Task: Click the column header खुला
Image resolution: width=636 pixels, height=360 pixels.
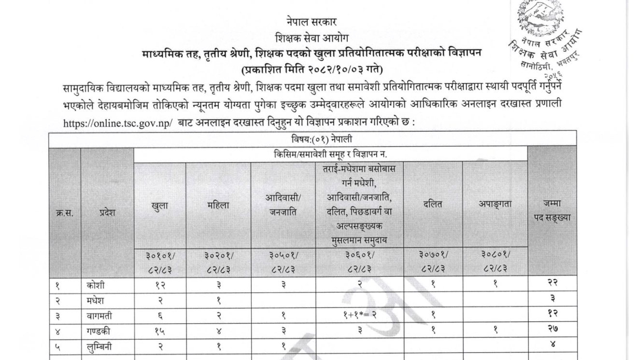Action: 159,206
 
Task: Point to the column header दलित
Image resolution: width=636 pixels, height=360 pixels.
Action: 432,205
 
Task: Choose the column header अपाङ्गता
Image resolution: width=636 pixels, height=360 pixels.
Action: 495,205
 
